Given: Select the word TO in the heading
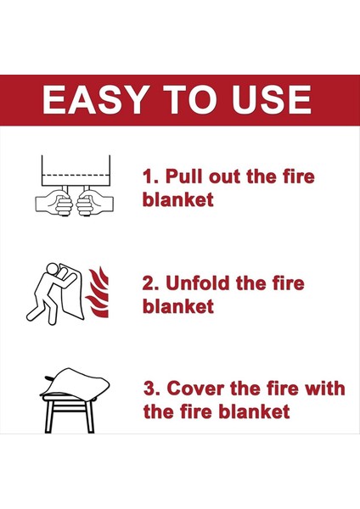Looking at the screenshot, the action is point(189,99).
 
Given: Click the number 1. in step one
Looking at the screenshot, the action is point(151,177).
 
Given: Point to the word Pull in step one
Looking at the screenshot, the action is point(184,176).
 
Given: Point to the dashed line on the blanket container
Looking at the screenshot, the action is point(76,175).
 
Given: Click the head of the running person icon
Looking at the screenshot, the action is point(52,269).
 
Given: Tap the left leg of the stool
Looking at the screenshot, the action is point(48,417).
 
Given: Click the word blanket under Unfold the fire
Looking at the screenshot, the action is point(178,306).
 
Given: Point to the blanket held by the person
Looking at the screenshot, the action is point(73,292).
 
